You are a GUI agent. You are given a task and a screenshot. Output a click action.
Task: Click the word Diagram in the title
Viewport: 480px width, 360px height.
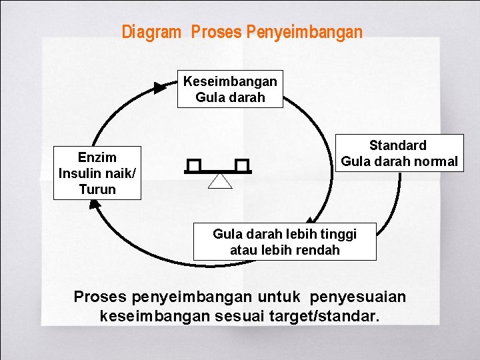[151, 32]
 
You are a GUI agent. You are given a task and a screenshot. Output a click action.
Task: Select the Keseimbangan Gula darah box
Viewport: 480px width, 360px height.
[230, 89]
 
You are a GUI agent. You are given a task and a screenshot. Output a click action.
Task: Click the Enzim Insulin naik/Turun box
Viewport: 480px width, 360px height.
[97, 173]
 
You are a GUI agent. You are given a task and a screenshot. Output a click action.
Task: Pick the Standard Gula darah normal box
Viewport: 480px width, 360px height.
[399, 153]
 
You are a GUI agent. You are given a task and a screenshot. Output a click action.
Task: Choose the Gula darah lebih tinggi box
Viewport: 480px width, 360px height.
[285, 241]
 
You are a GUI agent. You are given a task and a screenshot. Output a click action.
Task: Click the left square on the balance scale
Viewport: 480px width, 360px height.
[194, 165]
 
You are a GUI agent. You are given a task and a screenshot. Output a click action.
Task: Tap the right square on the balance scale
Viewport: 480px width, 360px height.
[241, 165]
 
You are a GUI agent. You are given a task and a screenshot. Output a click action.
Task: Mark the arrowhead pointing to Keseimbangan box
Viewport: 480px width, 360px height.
[160, 87]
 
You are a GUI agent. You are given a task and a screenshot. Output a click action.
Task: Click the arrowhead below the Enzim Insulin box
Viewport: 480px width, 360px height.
[94, 205]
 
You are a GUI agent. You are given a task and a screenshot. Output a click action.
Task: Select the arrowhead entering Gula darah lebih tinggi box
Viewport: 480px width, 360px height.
[310, 221]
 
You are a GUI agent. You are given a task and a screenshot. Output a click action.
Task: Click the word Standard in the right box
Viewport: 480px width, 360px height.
[398, 145]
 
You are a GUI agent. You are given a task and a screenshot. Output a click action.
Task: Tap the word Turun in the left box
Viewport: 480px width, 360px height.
[97, 189]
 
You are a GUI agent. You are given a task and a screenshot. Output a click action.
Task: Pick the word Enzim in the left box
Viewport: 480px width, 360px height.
[97, 157]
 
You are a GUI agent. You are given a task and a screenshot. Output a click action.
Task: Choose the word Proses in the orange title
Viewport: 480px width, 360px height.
[215, 32]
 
